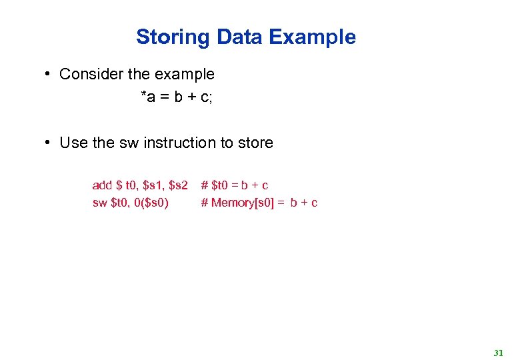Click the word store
[255, 143]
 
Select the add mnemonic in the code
[102, 185]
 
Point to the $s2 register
[179, 185]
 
